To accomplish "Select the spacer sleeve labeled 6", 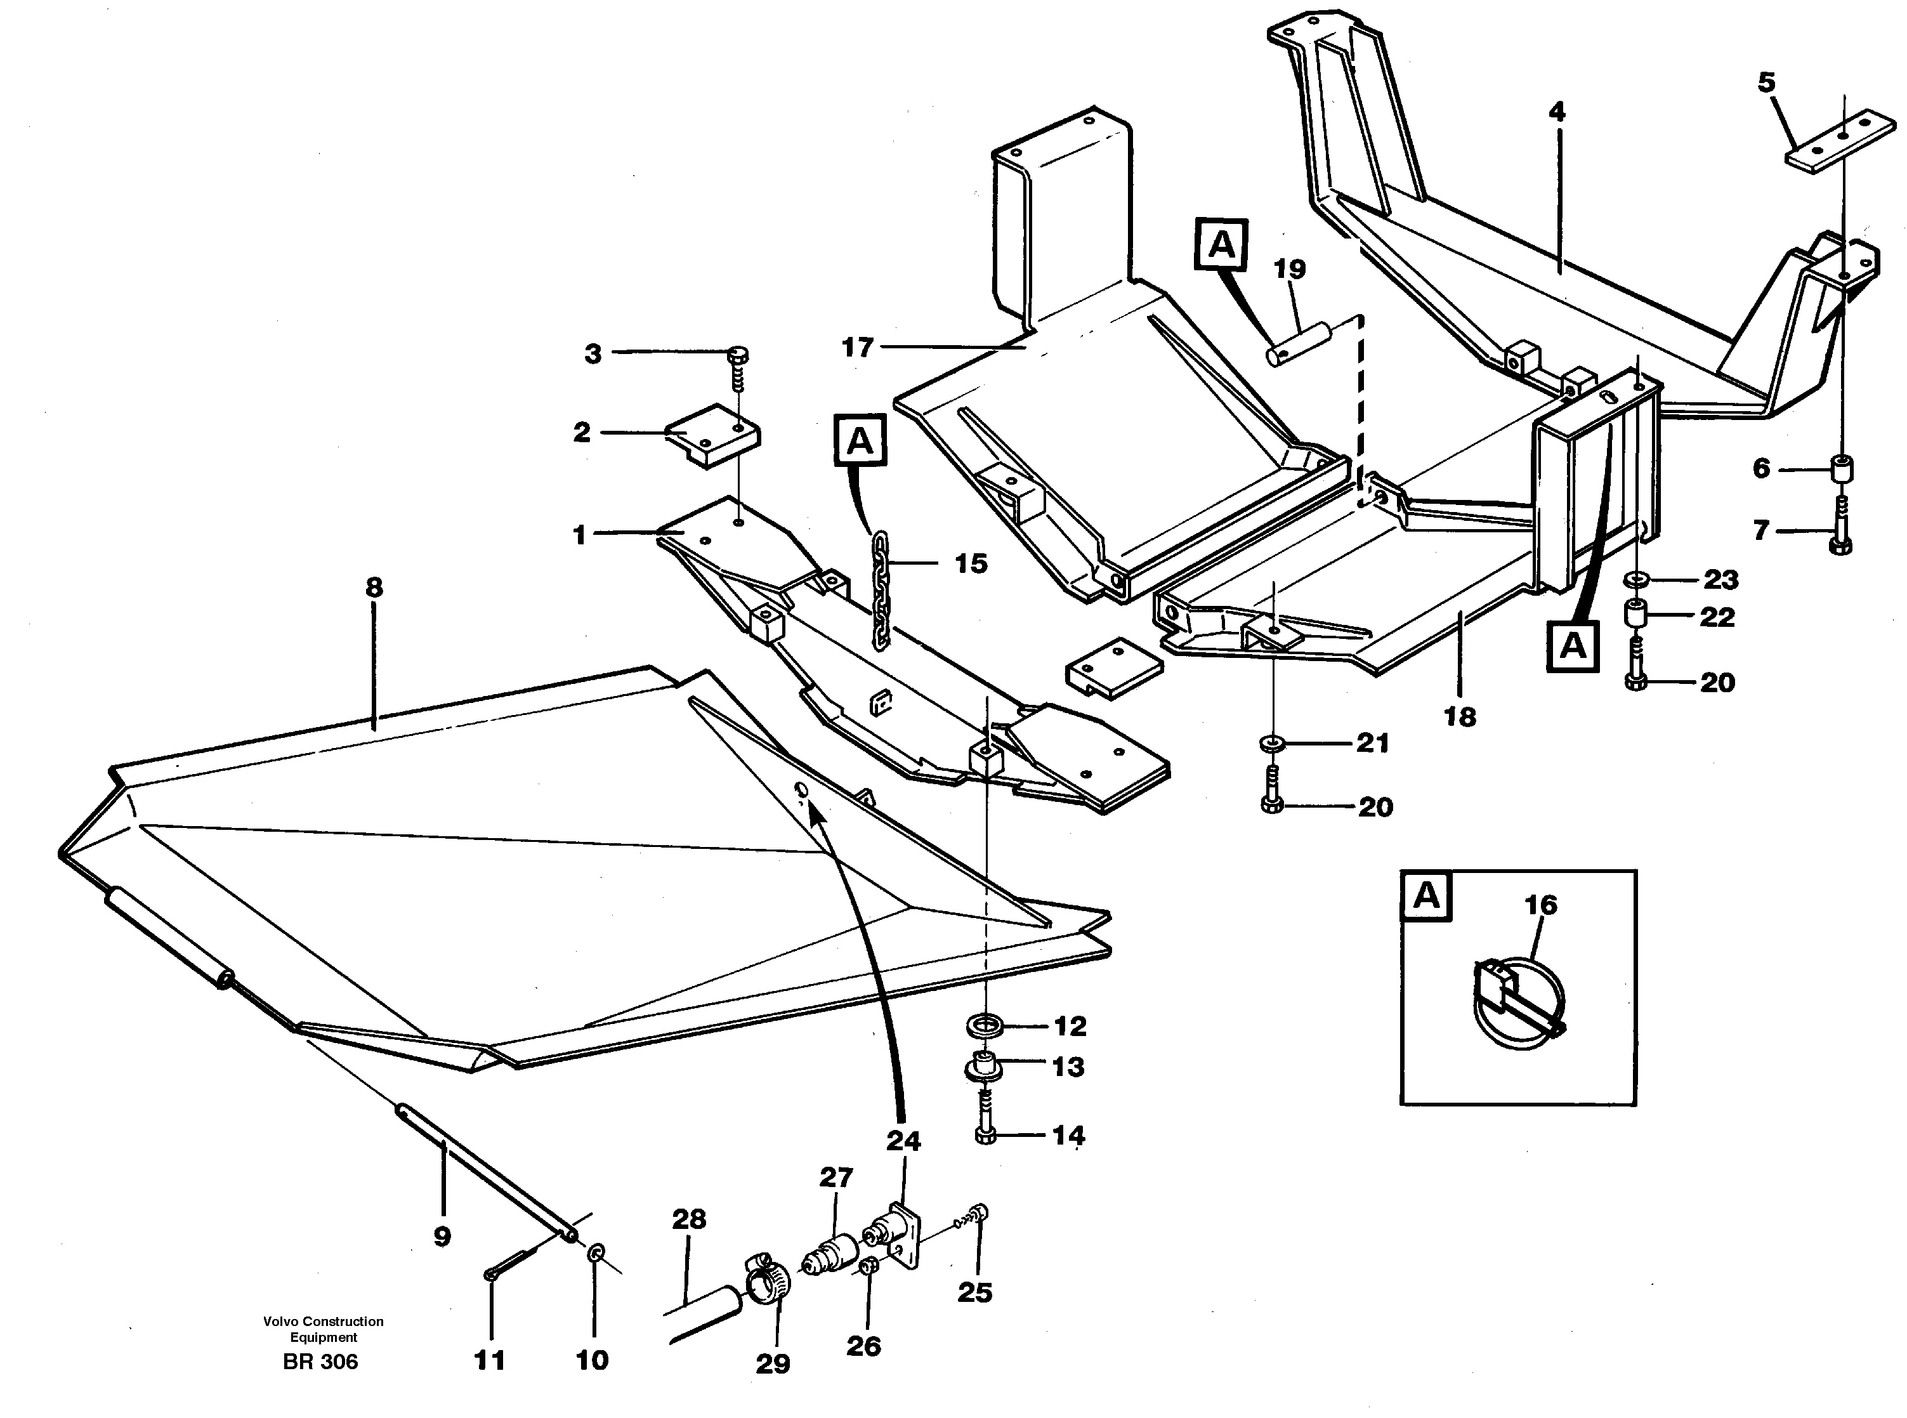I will (1839, 469).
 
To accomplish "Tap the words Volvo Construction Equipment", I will (324, 1329).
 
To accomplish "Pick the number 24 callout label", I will (903, 1141).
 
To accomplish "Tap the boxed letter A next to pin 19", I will (1221, 245).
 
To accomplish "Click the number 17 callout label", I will (857, 348).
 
